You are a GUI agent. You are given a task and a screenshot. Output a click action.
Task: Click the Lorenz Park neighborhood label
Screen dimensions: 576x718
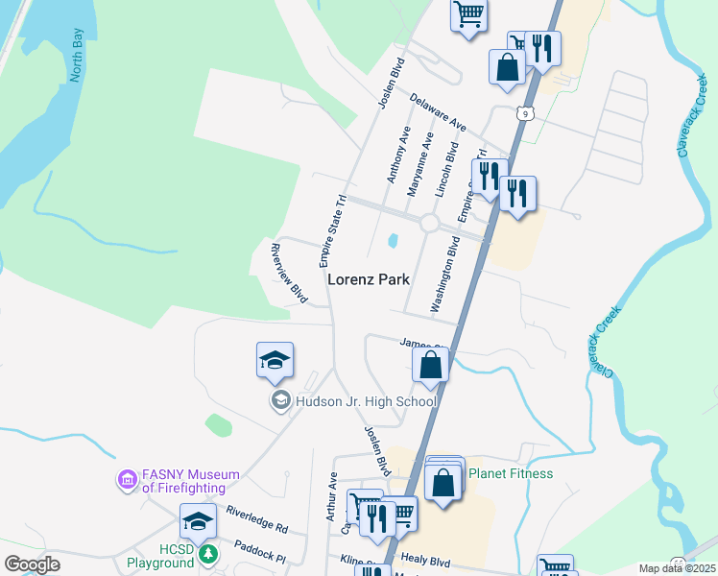click(x=369, y=280)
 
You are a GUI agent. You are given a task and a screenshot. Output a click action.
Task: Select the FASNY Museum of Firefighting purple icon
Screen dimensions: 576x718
click(x=127, y=478)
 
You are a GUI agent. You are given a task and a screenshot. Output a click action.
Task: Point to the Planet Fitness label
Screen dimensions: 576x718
click(x=510, y=473)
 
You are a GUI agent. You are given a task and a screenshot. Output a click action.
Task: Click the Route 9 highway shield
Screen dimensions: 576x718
click(x=524, y=113)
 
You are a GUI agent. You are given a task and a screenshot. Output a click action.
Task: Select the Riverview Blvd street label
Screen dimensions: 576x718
click(x=289, y=274)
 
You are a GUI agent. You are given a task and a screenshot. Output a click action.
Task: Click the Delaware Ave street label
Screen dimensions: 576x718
click(x=437, y=113)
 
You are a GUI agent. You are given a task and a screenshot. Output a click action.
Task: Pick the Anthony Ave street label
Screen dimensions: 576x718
click(x=398, y=154)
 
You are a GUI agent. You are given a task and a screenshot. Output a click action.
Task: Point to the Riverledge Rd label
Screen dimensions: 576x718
click(x=256, y=521)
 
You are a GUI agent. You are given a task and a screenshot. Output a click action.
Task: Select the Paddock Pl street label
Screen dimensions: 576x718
click(x=260, y=551)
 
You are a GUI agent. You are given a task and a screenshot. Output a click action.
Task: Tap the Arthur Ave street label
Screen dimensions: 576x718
click(x=331, y=496)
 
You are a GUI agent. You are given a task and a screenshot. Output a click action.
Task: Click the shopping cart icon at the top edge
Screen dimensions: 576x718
click(x=468, y=14)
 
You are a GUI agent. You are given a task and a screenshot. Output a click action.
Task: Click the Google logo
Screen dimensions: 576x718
click(x=32, y=565)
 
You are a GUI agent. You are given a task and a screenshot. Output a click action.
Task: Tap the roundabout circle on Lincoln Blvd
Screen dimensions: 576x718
click(x=428, y=223)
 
